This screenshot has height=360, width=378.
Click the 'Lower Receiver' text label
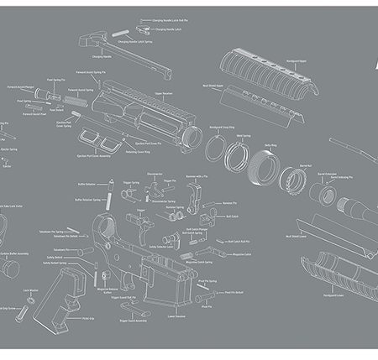(177, 316)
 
